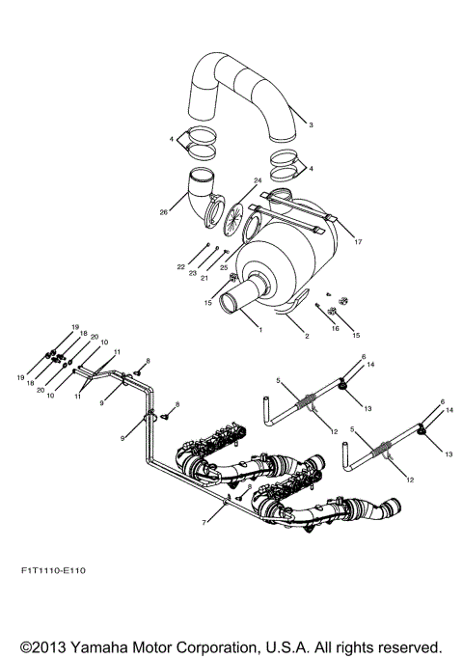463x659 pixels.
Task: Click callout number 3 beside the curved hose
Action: pos(311,125)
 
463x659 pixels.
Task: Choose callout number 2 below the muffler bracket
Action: pos(281,337)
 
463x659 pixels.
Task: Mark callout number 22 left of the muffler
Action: pos(180,266)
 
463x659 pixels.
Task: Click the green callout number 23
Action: pos(193,274)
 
